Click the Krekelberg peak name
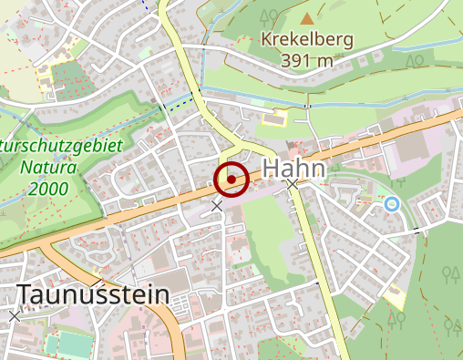coord(307,39)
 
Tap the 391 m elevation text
coord(307,60)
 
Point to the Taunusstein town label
coord(93,295)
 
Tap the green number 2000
coord(46,189)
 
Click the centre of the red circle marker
coord(231,179)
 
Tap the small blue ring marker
coord(392,204)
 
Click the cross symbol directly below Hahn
coord(293,185)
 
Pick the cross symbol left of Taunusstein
coord(15,316)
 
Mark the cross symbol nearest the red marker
coord(217,206)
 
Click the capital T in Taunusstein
coord(26,295)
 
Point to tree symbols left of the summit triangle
coord(269,15)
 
